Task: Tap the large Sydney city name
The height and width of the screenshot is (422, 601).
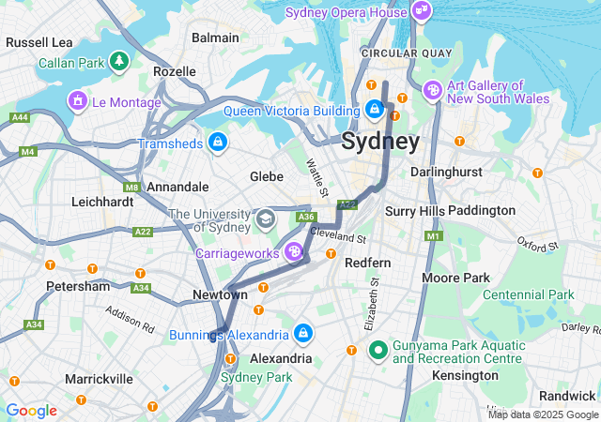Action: coord(380,143)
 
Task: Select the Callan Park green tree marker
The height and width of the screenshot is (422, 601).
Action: coord(118,62)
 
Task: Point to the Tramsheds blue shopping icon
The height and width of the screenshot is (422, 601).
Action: coord(218,143)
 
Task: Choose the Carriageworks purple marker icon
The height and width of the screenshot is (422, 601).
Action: coord(294,251)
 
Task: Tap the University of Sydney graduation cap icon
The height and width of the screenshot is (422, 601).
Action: coord(266,219)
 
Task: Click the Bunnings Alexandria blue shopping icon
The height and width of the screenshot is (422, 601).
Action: coord(303,333)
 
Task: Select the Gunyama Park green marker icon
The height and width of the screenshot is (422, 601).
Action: coord(378,351)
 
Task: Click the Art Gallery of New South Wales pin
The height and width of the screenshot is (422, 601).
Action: coord(432,90)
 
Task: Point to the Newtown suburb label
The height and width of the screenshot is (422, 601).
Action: coord(221,294)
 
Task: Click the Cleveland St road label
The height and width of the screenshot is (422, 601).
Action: coord(337,234)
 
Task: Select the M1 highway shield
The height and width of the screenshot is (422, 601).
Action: coord(433,235)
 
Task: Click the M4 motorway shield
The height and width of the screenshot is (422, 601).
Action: coord(27,150)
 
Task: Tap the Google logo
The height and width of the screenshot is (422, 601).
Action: coord(31,411)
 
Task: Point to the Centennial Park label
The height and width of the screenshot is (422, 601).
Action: coord(528,294)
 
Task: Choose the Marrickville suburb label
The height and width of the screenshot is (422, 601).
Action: coord(99,379)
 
